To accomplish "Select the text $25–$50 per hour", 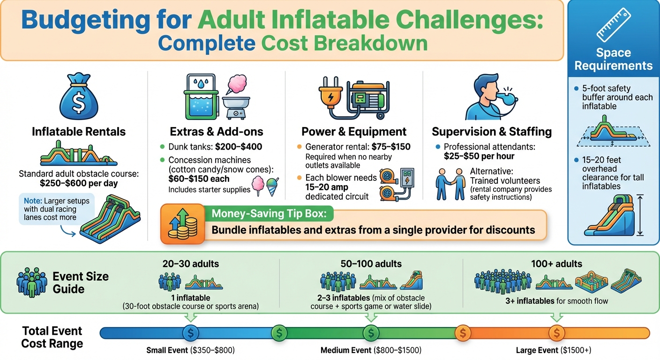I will pyautogui.click(x=479, y=156).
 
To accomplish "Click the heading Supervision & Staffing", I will pyautogui.click(x=491, y=132).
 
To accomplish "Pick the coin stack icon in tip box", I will pyautogui.click(x=182, y=225).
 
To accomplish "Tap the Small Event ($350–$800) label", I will pyautogui.click(x=190, y=350).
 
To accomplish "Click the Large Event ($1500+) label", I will pyautogui.click(x=556, y=350).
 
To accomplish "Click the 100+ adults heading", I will pyautogui.click(x=556, y=264).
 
